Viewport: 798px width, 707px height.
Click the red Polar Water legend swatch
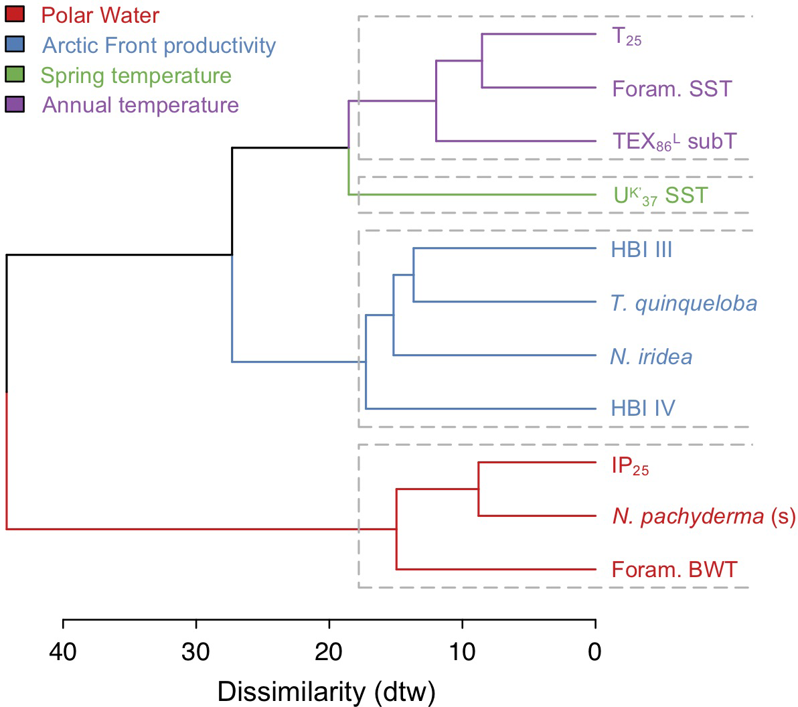point(15,14)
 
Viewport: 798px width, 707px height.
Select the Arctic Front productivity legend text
point(159,46)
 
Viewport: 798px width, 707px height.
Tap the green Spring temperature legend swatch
point(15,74)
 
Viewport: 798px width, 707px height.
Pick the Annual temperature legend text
point(141,105)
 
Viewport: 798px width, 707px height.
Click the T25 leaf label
point(627,36)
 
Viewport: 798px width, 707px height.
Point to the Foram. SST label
point(671,89)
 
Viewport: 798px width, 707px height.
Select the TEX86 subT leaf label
point(674,141)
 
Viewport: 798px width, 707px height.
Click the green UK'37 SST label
point(660,195)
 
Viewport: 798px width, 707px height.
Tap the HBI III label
point(641,250)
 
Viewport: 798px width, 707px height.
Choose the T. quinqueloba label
point(684,303)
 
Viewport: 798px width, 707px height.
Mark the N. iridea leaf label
point(651,356)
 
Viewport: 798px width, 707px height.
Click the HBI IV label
point(643,408)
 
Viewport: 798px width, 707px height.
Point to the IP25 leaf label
point(630,466)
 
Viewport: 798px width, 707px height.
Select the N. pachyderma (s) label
point(704,516)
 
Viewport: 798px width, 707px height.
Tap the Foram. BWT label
point(674,570)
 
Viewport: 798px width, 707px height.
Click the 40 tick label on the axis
point(63,651)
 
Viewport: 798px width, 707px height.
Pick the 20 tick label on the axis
point(329,651)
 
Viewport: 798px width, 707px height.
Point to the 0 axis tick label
point(595,651)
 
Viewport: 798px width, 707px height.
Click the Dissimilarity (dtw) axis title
point(326,691)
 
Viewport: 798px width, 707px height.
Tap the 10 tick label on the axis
point(462,651)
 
